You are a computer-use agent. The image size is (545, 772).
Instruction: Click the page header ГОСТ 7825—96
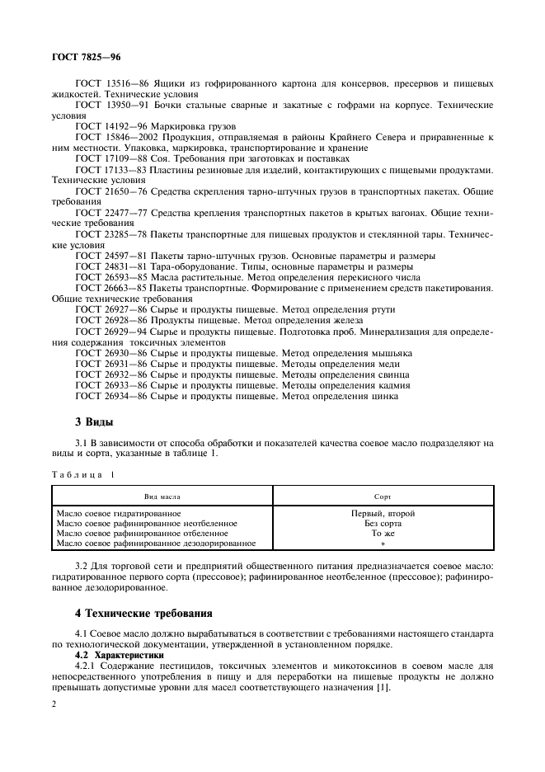tap(85, 56)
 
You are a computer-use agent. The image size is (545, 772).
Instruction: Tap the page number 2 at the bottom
tap(54, 704)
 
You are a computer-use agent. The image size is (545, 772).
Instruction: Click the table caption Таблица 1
tap(83, 475)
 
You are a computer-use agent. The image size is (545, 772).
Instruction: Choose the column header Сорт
tap(383, 497)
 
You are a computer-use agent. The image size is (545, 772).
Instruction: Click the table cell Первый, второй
tap(383, 513)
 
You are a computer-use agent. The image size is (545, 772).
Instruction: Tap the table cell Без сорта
tap(383, 523)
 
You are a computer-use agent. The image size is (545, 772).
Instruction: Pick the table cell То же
tap(383, 533)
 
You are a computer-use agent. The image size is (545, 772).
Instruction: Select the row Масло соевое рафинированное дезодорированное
tap(156, 543)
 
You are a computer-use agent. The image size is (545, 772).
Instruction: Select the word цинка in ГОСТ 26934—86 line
tap(383, 396)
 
